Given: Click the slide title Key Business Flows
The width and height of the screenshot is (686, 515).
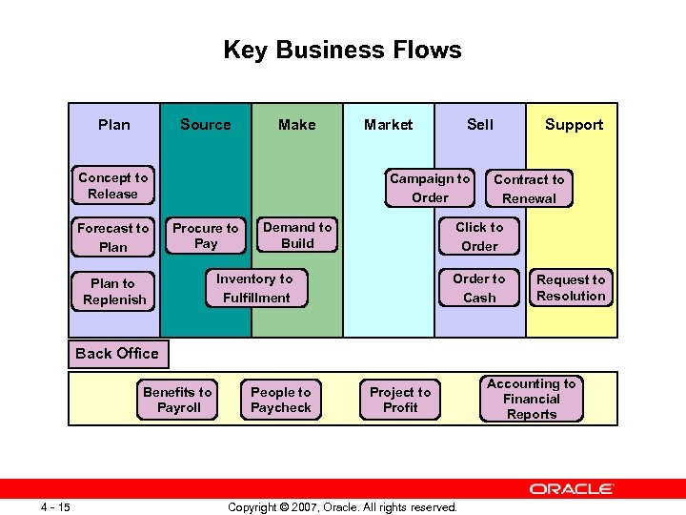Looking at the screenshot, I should pyautogui.click(x=342, y=50).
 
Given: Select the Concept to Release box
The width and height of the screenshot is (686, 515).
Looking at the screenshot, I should pyautogui.click(x=112, y=186).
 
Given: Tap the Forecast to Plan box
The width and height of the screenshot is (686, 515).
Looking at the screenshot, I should pyautogui.click(x=112, y=237).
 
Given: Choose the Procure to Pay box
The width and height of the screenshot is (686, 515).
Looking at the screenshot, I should pyautogui.click(x=206, y=236).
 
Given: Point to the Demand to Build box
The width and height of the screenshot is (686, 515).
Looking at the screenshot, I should pyautogui.click(x=297, y=236).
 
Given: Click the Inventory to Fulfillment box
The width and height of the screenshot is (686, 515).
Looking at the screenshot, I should pyautogui.click(x=254, y=288).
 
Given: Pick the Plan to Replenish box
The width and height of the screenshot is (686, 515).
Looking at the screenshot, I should pyautogui.click(x=113, y=291).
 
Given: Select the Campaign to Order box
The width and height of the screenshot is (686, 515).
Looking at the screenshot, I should pyautogui.click(x=430, y=188).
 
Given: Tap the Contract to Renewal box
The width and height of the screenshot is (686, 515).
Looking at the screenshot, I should pyautogui.click(x=529, y=189).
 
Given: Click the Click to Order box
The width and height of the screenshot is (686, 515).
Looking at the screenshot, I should pyautogui.click(x=479, y=237).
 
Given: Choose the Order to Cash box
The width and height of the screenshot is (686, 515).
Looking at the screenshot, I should pyautogui.click(x=479, y=288).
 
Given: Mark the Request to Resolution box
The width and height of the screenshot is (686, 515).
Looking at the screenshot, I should pyautogui.click(x=571, y=288).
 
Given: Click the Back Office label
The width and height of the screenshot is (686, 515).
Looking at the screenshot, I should pyautogui.click(x=117, y=353).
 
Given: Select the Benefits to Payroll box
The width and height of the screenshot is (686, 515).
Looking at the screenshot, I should pyautogui.click(x=178, y=400).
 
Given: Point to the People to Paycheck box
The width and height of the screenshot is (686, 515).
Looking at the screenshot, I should pyautogui.click(x=281, y=400).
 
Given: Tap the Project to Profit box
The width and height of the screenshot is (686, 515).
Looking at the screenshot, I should pyautogui.click(x=400, y=400).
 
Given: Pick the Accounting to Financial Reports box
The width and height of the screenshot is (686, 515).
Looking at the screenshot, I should pyautogui.click(x=532, y=399).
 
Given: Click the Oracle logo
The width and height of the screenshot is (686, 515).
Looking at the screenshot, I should pyautogui.click(x=572, y=489).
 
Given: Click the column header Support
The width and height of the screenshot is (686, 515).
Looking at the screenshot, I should pyautogui.click(x=574, y=125).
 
